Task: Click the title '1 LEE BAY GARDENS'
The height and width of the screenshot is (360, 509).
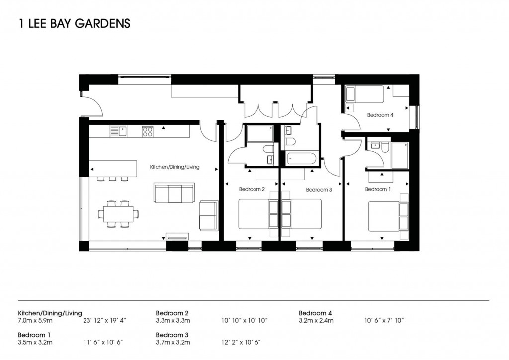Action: coord(74,23)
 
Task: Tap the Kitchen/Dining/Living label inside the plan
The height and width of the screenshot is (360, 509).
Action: coord(174,167)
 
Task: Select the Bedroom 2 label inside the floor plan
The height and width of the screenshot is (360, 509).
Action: coord(252,189)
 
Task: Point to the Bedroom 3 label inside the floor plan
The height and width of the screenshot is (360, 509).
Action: coord(318,190)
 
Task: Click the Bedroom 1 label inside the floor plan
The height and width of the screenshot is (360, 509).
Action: coord(378,189)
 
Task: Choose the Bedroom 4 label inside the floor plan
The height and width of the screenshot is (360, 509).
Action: coord(380,115)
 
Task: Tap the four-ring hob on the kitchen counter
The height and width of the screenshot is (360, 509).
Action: coord(148,131)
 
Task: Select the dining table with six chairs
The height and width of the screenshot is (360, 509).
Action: coord(118,214)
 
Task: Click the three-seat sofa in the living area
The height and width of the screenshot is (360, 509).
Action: coord(174,193)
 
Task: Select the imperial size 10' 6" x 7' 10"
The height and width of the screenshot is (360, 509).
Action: coord(384,321)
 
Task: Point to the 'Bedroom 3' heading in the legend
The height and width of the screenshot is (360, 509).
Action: coord(172,335)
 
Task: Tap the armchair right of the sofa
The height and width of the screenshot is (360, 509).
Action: coord(208,215)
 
